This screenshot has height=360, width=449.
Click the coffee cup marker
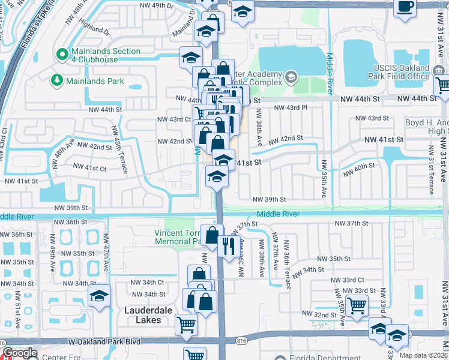pyautogui.click(x=406, y=7)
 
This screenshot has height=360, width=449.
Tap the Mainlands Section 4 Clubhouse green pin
pyautogui.click(x=61, y=55)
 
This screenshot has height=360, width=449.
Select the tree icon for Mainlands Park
pyautogui.click(x=57, y=80)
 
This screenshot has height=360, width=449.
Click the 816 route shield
pyautogui.click(x=242, y=340)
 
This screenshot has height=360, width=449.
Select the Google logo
pyautogui.click(x=20, y=353)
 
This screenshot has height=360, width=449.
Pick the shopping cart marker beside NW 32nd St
pyautogui.click(x=357, y=305)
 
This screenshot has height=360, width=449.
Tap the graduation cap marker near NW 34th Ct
pyautogui.click(x=99, y=295)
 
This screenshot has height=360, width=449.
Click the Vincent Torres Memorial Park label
pyautogui.click(x=180, y=237)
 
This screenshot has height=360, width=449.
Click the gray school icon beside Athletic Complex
pyautogui.click(x=291, y=76)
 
